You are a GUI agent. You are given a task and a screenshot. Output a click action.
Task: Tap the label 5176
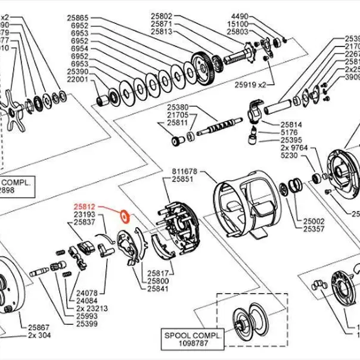click(x=290, y=132)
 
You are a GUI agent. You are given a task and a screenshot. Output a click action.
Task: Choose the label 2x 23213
click(x=88, y=308)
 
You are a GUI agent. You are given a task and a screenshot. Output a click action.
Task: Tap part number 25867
click(x=39, y=327)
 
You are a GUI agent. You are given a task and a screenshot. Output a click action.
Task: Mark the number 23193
click(x=85, y=214)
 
